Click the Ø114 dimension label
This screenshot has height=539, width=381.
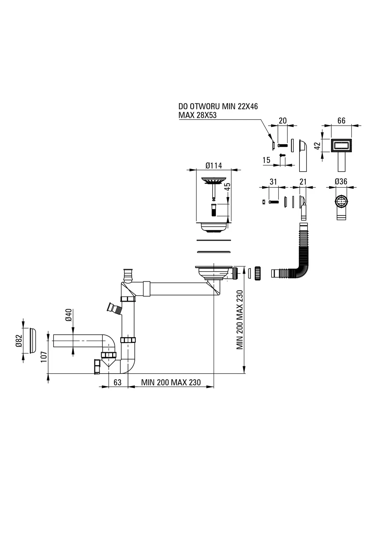click(x=214, y=165)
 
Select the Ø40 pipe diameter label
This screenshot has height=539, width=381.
click(x=68, y=315)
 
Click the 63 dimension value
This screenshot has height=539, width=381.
click(x=117, y=382)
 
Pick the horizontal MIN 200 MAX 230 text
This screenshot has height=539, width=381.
click(x=171, y=382)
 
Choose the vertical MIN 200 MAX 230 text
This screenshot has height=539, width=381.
click(x=240, y=320)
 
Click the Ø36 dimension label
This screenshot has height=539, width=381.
click(x=341, y=182)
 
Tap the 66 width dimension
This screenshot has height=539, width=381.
click(x=341, y=121)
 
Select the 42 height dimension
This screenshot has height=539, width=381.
click(x=317, y=146)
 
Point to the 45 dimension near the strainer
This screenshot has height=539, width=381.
click(x=227, y=187)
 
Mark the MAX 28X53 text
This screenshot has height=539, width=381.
click(x=197, y=115)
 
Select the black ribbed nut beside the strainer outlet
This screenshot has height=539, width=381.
click(x=258, y=273)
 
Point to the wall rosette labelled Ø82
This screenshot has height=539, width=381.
click(x=32, y=340)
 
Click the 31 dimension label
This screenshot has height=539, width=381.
click(x=273, y=182)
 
